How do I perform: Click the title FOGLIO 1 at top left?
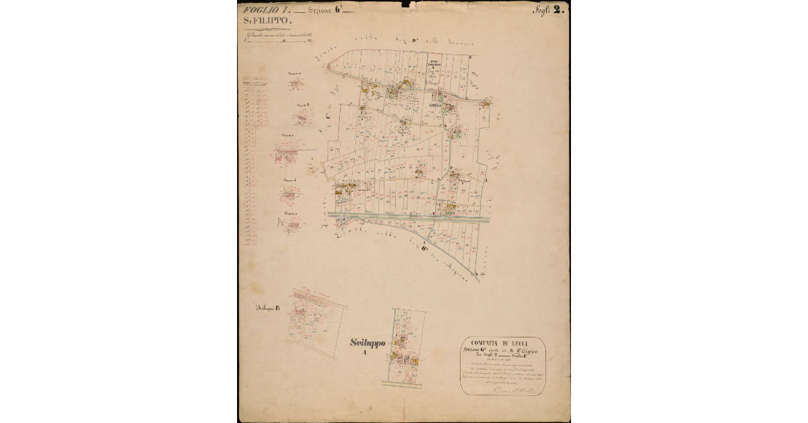pyautogui.click(x=266, y=10)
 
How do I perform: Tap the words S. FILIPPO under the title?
pyautogui.click(x=266, y=22)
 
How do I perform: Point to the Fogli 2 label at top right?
pyautogui.click(x=549, y=10)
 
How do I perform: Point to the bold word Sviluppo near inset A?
pyautogui.click(x=368, y=343)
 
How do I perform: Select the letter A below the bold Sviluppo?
pyautogui.click(x=364, y=352)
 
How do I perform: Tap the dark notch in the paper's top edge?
pyautogui.click(x=405, y=4)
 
